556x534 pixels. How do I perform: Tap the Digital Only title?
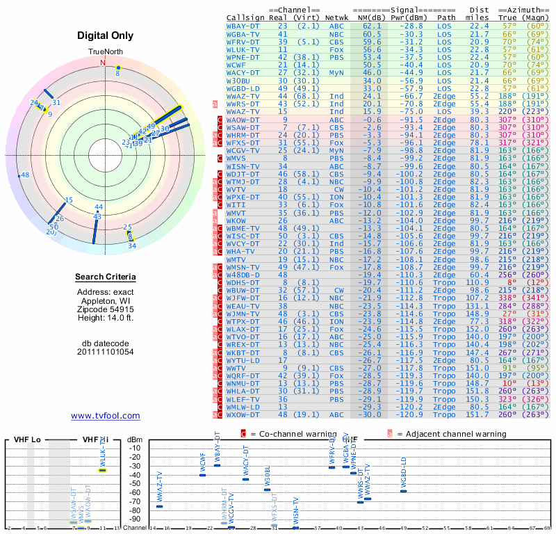[x=105, y=35]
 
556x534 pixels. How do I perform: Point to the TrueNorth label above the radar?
[x=105, y=52]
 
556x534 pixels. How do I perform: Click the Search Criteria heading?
[x=105, y=277]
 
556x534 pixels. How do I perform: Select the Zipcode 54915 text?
[x=105, y=309]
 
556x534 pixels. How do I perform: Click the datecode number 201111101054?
[x=105, y=352]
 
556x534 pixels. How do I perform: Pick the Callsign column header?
[x=245, y=17]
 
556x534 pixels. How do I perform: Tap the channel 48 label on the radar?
[x=25, y=175]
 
